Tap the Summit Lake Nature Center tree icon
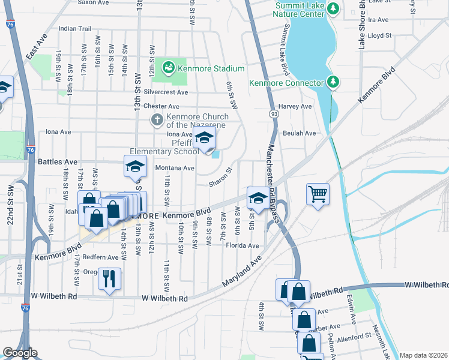coord(337,8)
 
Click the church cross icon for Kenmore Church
coord(157,119)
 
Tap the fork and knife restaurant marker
coord(109,278)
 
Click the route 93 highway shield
coord(274,113)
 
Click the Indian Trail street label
coord(75,28)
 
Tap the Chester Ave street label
coord(149,106)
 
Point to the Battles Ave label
coord(58,162)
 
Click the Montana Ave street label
coord(175,168)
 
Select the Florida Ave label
coord(243,245)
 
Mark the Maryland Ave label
coord(242,272)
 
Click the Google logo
coord(20,353)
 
